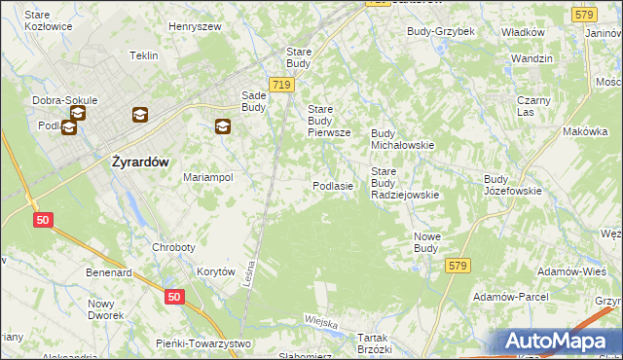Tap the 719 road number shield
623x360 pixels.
[282, 86]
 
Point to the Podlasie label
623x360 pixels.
[332, 185]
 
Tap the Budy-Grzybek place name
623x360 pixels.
[441, 31]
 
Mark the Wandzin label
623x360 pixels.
[531, 58]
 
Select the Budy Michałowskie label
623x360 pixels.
[402, 138]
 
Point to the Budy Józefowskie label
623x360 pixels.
[512, 185]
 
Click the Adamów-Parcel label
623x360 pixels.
[510, 296]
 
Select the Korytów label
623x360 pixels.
[216, 272]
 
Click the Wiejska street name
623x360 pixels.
[320, 322]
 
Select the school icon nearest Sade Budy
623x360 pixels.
[223, 126]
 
